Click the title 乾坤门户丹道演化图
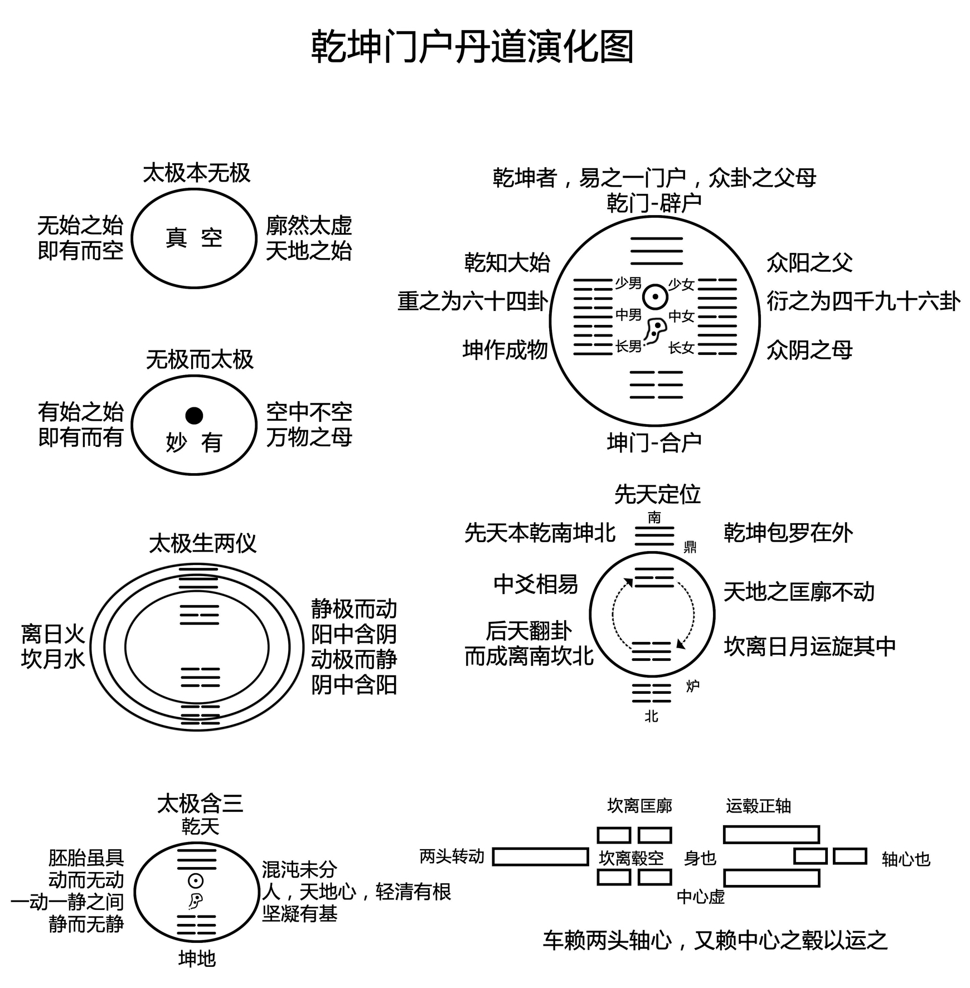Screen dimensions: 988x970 (472, 47)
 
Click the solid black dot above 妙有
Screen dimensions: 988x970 (194, 415)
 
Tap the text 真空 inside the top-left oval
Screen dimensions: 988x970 (194, 239)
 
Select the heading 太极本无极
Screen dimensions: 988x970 (197, 173)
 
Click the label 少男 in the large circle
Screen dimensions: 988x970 (628, 284)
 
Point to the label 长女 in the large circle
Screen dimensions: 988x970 (681, 348)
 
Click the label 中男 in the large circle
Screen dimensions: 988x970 (628, 315)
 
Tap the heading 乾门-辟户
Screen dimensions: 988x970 (654, 203)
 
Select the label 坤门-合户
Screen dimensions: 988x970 (654, 443)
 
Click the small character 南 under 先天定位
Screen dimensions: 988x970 (654, 518)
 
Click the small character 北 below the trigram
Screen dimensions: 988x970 (652, 716)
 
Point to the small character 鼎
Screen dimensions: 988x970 (690, 547)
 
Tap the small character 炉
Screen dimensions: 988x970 (692, 686)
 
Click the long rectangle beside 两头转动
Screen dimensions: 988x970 (540, 856)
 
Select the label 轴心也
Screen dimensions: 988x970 (906, 859)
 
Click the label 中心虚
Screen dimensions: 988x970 (700, 897)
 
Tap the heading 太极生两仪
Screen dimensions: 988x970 (202, 543)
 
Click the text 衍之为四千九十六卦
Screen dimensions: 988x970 (863, 301)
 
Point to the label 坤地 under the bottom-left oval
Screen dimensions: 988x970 (197, 958)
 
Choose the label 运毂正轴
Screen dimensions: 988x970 (758, 806)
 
